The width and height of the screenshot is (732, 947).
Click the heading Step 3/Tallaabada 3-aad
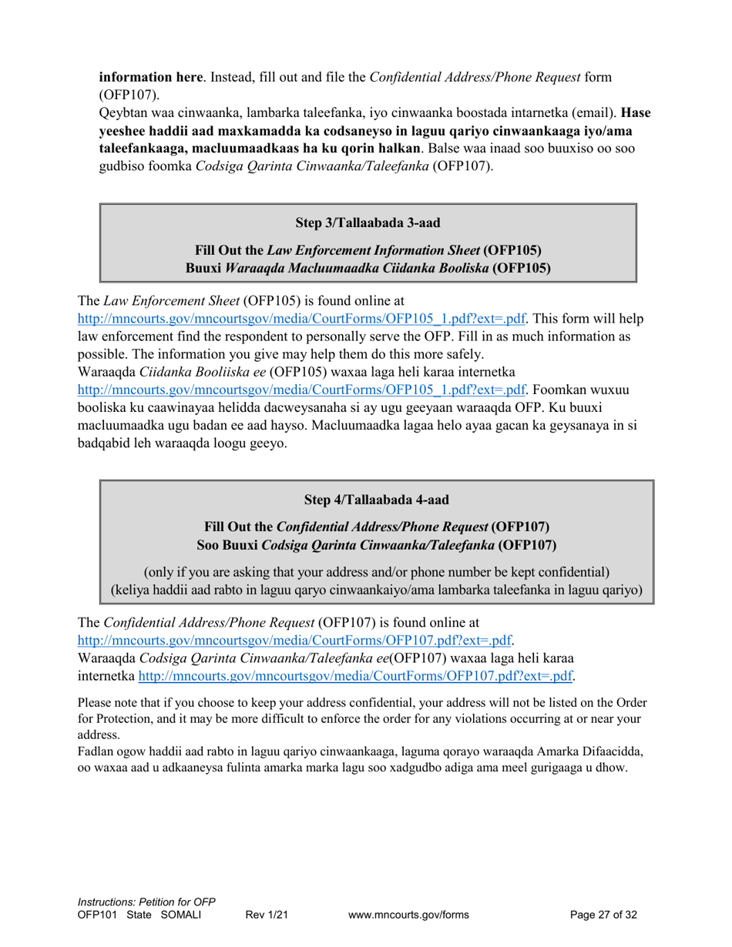point(368,223)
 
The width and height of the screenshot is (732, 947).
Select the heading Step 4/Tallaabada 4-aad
point(376,500)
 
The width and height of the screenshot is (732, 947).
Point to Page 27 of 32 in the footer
point(603,915)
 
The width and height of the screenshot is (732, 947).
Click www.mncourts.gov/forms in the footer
point(408,915)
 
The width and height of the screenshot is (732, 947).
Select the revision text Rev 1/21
point(267,915)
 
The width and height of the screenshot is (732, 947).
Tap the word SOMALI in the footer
point(180,915)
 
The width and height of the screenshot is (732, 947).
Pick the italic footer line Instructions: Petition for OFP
point(146,902)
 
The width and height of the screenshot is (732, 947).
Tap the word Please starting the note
point(96,703)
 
